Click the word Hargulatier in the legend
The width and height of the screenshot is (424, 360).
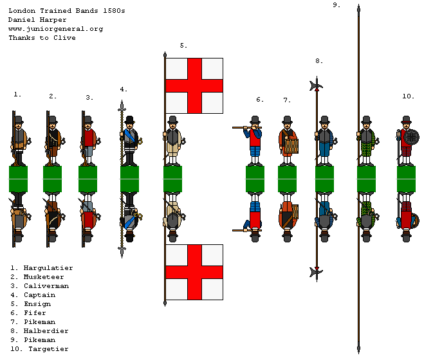pos(48,267)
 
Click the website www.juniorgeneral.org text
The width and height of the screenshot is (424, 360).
pos(55,29)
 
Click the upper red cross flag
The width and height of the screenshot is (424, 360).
pos(194,85)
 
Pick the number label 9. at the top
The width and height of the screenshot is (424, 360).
pos(336,4)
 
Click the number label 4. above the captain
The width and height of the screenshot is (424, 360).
pos(123,89)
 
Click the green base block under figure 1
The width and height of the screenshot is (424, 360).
pos(19,179)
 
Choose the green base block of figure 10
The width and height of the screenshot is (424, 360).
pos(406,179)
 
